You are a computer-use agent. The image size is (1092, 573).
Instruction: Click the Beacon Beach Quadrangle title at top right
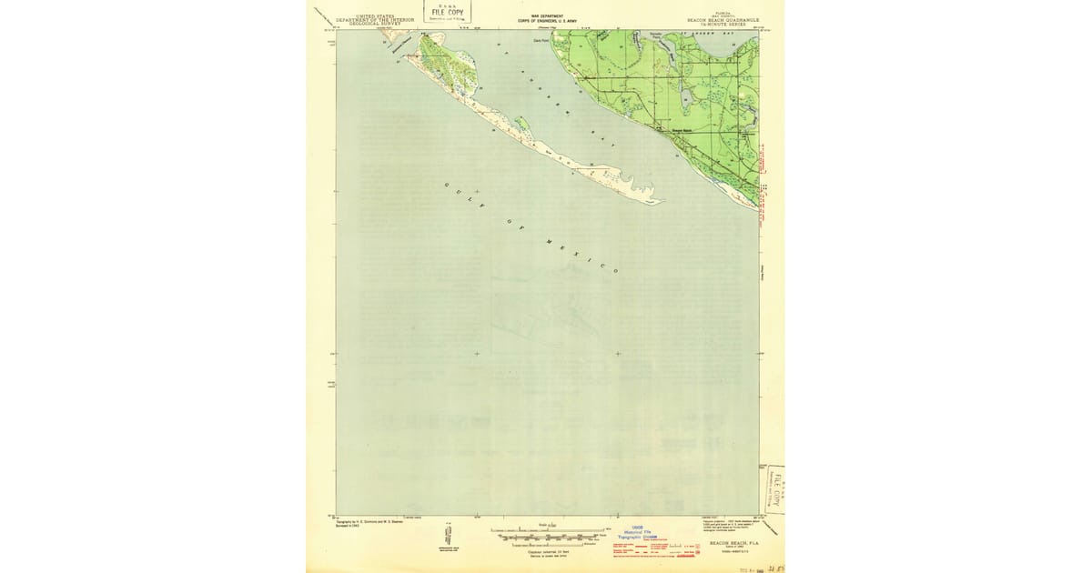(723, 20)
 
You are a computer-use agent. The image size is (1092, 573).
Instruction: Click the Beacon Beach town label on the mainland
(682, 129)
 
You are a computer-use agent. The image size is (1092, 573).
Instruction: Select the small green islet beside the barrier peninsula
(521, 124)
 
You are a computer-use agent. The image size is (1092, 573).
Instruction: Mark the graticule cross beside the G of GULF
(476, 191)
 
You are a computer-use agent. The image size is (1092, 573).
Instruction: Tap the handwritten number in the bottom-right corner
(775, 567)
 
